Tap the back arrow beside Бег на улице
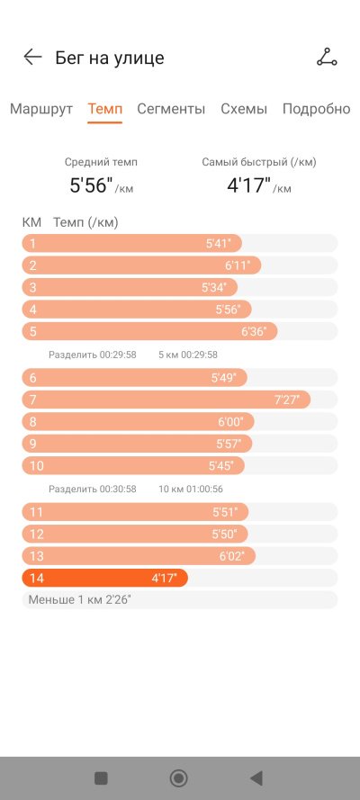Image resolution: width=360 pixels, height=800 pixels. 32,58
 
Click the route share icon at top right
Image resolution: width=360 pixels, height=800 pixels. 327,58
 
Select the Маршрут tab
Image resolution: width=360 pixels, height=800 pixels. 41,109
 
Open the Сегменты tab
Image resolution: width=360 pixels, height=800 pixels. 171,109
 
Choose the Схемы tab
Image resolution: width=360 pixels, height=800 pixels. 244,109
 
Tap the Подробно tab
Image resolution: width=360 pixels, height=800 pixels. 316,109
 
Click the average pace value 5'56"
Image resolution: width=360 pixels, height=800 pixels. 91,185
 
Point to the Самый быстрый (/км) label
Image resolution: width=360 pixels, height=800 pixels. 259,163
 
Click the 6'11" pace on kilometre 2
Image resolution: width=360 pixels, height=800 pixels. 238,265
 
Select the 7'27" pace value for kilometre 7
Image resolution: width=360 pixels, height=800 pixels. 287,400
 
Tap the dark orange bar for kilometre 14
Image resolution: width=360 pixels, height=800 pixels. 105,578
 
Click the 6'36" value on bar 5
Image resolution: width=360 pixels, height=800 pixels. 254,332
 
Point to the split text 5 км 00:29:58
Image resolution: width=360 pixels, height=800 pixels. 188,355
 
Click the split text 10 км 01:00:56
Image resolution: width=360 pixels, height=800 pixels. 191,490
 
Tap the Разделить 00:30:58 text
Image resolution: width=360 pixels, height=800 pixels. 93,490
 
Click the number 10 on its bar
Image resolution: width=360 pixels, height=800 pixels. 37,466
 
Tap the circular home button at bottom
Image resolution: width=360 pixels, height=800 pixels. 178,778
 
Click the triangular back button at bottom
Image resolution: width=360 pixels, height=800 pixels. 256,778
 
